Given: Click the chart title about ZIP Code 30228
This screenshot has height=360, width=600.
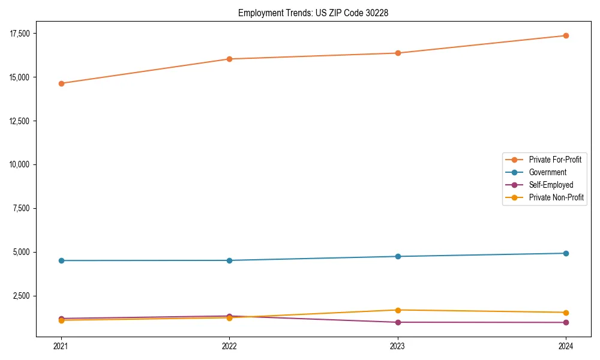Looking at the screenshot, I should tap(313, 13).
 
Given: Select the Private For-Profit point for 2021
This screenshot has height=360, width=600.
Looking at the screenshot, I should tap(61, 83).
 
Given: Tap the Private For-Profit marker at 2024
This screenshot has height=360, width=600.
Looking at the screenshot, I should tap(566, 35).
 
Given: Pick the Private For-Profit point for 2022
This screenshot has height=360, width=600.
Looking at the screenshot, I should tap(229, 59).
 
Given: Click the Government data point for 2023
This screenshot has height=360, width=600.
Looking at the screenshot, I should tap(398, 256).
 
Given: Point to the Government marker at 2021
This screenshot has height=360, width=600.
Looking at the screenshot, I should tap(61, 260).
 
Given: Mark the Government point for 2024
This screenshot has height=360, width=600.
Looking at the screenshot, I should tap(566, 253).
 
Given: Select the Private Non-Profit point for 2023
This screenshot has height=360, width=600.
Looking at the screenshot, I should tap(398, 310).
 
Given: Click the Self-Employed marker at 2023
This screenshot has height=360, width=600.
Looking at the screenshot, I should tap(398, 322).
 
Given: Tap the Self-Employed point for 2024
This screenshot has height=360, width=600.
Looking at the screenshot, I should tap(566, 322).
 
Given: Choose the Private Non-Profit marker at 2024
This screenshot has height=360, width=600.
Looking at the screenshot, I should tap(566, 313).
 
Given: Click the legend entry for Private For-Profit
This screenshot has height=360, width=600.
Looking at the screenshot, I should tap(555, 160).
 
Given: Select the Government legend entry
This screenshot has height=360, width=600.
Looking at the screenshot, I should tap(547, 172).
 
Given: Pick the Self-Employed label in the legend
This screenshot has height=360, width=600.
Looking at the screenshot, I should tap(551, 185).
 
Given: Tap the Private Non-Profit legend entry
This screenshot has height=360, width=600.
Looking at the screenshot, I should tap(556, 197).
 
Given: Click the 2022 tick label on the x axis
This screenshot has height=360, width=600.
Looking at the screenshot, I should tap(229, 346).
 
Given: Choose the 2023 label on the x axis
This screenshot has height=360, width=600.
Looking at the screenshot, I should tap(398, 346).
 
